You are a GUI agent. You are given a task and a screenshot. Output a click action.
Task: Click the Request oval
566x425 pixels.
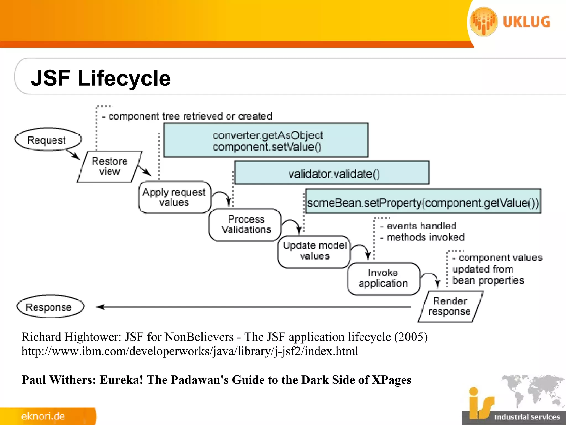point(48,140)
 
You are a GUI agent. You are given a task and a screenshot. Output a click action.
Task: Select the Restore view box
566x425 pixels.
point(109,167)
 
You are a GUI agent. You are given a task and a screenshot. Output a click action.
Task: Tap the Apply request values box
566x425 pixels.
point(174,197)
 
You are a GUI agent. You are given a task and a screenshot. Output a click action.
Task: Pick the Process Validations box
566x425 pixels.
point(245,224)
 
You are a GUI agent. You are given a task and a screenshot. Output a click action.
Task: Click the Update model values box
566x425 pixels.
point(314,251)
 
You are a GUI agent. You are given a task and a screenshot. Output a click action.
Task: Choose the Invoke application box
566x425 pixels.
point(383,278)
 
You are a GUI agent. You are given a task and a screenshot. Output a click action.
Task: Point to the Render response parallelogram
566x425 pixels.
point(450,306)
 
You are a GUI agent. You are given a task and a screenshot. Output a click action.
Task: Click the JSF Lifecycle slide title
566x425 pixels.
point(101,78)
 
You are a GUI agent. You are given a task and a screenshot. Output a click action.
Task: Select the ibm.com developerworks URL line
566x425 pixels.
point(190,351)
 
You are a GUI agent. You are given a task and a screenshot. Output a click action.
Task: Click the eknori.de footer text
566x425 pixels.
point(43,416)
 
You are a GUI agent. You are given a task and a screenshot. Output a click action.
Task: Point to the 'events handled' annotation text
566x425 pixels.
point(421,226)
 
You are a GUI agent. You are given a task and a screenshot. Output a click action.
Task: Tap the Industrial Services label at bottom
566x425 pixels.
point(527,417)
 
